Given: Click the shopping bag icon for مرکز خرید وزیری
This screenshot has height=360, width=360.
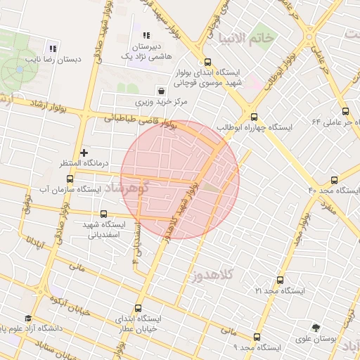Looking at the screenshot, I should (162, 91).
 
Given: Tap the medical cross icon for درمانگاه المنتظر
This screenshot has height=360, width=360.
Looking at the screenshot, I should (84, 152).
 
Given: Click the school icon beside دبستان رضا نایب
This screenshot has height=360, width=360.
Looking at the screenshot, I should (53, 49).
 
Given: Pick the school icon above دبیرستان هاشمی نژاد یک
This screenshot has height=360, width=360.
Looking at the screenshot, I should (146, 35).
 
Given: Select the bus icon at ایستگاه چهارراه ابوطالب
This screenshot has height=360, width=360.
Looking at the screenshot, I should (254, 117).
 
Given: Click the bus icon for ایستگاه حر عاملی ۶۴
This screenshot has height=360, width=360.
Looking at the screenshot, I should (345, 110).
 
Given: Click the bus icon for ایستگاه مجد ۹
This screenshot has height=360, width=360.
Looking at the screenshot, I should (257, 337).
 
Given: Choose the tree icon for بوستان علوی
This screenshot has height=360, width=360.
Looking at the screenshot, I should (315, 327).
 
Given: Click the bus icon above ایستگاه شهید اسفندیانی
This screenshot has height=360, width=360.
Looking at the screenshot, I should (104, 214).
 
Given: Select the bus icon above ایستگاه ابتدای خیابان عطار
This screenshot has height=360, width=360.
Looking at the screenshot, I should (137, 307).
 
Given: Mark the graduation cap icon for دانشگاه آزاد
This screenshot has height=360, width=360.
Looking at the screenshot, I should (28, 318).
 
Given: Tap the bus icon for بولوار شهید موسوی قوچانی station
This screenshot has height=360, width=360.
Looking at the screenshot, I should (206, 61).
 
